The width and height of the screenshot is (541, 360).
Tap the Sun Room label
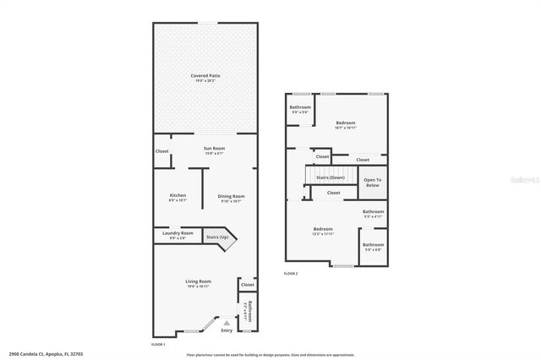tap(213, 150)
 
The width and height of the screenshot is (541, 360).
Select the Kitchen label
tap(178, 196)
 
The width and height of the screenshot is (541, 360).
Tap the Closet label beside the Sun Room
tap(161, 151)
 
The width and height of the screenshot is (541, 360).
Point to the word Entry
tap(226, 330)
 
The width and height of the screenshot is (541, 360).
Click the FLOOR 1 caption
tap(158, 345)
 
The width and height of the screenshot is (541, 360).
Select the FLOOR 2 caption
tap(291, 274)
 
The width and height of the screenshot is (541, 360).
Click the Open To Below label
tap(373, 181)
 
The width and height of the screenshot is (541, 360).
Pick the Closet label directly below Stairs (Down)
tap(334, 193)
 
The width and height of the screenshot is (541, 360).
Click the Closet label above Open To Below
tap(363, 160)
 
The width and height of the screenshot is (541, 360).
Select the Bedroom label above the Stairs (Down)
tap(345, 123)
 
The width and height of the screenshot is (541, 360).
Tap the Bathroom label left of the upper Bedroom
tap(300, 107)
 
